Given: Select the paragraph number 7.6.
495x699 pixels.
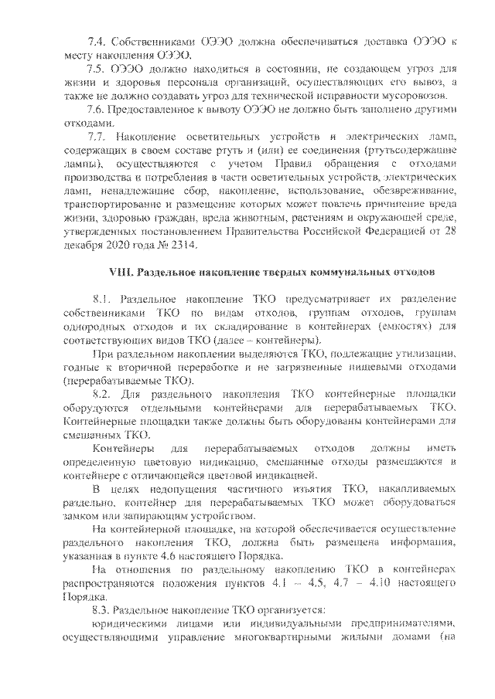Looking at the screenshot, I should tap(98, 109).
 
